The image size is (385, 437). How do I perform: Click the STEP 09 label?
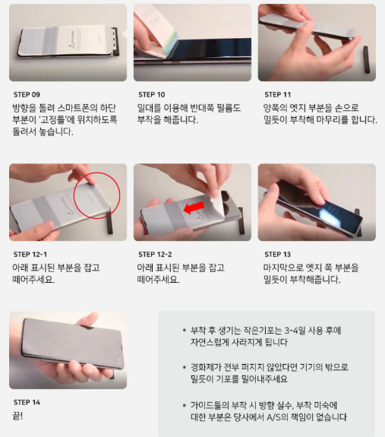27,94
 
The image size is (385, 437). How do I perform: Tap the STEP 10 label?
152,94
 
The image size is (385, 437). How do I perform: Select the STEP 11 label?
277,94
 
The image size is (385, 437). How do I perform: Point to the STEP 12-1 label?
30,254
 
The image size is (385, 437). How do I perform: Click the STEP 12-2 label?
155,254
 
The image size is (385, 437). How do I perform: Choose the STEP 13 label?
277,254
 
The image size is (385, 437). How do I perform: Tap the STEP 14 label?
27,402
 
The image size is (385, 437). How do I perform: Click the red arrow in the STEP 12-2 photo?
194,208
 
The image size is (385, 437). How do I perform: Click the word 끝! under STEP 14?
17,416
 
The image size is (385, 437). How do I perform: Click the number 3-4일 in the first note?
295,331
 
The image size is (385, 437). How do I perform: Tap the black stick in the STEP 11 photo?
367,59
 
